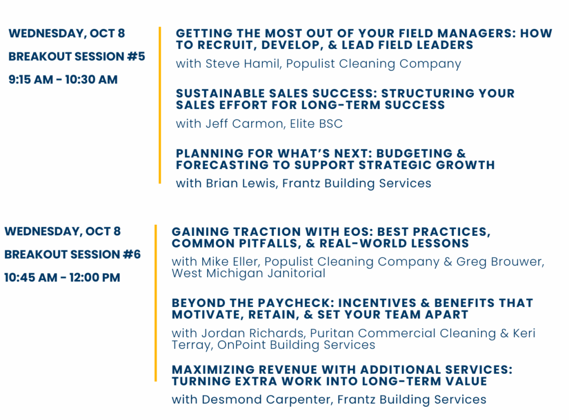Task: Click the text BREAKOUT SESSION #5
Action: [77, 56]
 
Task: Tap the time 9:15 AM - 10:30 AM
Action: [63, 80]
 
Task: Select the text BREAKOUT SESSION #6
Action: [73, 254]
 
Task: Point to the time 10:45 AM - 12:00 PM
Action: [62, 278]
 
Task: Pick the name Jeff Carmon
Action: [244, 123]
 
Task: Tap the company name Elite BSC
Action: [316, 123]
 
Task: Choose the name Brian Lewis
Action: [241, 183]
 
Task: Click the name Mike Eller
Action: [229, 261]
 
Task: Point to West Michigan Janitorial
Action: [248, 273]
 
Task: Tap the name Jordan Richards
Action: [253, 333]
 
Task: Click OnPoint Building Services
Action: [296, 345]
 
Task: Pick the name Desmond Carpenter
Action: [267, 399]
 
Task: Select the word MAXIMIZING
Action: [213, 370]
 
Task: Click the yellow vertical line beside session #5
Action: [159, 105]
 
